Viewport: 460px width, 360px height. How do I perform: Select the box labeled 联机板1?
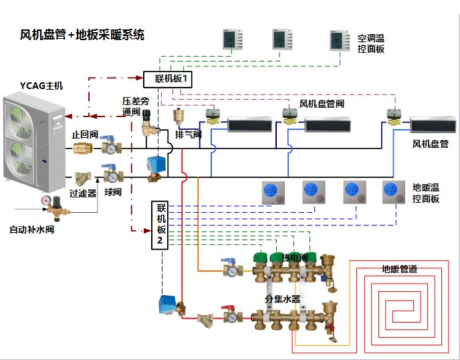[168, 80]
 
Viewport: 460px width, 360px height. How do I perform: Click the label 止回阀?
[84, 134]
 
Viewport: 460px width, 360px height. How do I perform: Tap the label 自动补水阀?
[31, 230]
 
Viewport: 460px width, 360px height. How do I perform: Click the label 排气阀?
[188, 134]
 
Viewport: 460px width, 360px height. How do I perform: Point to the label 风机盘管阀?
[322, 104]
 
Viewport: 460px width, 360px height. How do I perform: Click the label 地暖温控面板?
[426, 193]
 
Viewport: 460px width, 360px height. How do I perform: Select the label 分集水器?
[281, 296]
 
